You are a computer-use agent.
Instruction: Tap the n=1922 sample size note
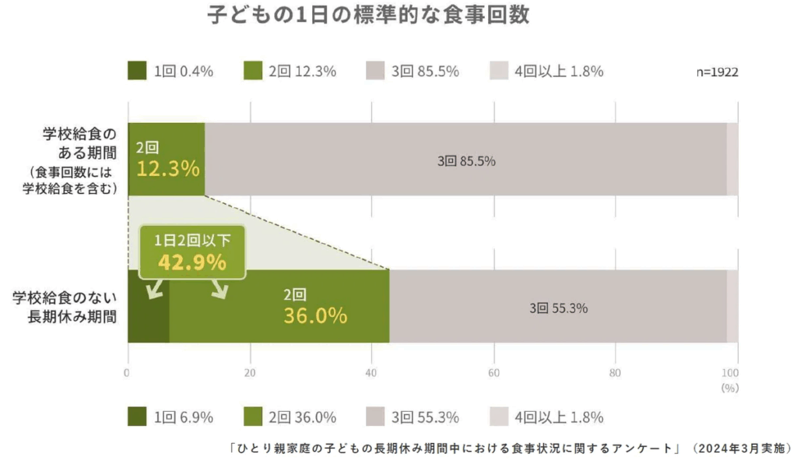coord(717,72)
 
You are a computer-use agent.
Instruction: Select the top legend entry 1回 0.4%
coord(171,72)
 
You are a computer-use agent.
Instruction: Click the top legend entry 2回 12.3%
coord(290,72)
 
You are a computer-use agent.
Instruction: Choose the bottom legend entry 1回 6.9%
coord(171,417)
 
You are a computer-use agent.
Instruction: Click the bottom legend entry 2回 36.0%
coord(290,417)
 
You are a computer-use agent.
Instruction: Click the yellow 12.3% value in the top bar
coord(168,168)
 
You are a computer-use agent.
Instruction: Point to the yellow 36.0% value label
coord(315,315)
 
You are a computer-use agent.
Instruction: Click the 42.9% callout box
coord(192,253)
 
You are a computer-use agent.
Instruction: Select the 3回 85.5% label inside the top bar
coord(466,162)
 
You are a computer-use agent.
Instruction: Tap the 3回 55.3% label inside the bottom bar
coord(558,308)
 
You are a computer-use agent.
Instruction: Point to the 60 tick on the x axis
coord(493,372)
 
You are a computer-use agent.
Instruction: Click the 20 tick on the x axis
coord(250,372)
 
